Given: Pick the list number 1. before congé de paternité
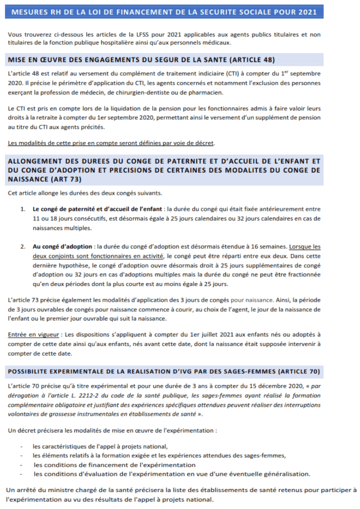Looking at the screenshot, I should click(23, 209).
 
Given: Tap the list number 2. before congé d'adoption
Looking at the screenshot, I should click(23, 246).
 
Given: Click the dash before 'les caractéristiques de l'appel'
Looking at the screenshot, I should click(21, 447).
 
